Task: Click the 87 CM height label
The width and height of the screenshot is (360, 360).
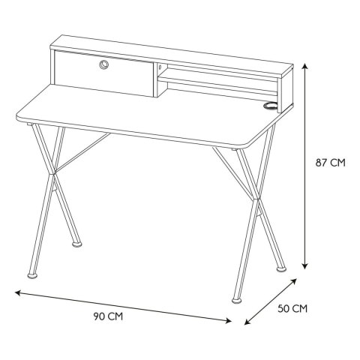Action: (x=330, y=163)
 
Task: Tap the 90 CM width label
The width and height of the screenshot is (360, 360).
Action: (x=108, y=316)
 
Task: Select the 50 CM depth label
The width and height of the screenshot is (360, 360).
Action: (x=292, y=309)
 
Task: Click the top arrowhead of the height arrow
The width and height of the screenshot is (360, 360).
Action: (x=304, y=67)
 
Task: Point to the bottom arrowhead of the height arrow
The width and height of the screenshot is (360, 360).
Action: (x=304, y=266)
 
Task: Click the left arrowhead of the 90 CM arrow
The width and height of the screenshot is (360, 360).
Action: (x=18, y=292)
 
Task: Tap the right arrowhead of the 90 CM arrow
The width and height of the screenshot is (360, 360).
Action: (x=229, y=321)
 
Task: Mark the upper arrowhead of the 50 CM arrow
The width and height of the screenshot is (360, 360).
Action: (x=294, y=280)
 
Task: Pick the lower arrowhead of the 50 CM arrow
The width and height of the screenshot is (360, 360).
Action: (x=247, y=322)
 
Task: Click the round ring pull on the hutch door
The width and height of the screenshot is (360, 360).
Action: (x=103, y=64)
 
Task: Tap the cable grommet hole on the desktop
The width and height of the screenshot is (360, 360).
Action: (x=271, y=106)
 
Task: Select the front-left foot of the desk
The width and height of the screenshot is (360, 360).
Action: (x=33, y=275)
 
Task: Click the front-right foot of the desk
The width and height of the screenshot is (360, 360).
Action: (x=237, y=300)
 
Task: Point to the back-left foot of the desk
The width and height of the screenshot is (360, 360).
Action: (x=77, y=244)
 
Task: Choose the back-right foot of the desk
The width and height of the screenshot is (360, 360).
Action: (x=281, y=269)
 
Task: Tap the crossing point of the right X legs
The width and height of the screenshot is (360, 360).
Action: (x=256, y=199)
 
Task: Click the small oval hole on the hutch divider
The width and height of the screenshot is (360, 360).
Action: (x=160, y=67)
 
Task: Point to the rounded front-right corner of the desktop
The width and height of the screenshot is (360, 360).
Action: (x=250, y=145)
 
